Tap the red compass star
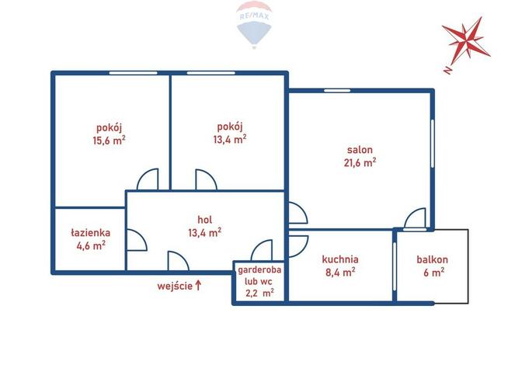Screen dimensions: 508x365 click(467, 40)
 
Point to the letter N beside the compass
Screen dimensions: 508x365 click(447, 70)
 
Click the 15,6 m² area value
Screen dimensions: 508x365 click(109, 141)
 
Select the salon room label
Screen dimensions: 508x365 click(360, 150)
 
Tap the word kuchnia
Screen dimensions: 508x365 click(340, 259)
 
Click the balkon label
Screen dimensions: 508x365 click(432, 259)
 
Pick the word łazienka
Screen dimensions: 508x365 click(91, 233)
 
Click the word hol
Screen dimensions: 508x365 click(205, 220)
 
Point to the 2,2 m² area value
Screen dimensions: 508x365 click(260, 293)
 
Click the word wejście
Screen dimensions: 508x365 click(175, 287)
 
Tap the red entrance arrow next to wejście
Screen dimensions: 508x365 click(198, 286)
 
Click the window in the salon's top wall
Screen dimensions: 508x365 click(337, 90)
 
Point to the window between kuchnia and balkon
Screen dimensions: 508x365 click(395, 266)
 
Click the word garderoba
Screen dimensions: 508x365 click(259, 269)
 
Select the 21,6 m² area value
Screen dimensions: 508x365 click(360, 162)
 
